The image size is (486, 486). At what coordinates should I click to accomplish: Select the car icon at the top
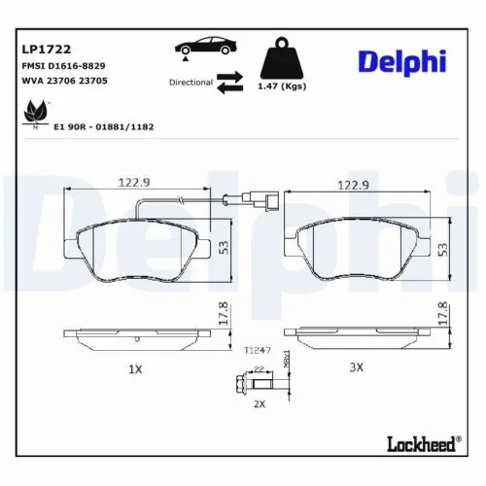tap(202, 47)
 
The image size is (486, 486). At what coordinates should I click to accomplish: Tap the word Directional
tap(190, 83)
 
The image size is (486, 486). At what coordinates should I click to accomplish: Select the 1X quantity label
tap(135, 368)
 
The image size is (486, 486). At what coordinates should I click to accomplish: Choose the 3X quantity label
tap(356, 367)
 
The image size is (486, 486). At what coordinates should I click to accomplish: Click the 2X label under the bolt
tap(259, 401)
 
